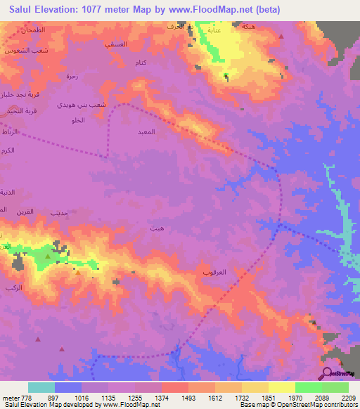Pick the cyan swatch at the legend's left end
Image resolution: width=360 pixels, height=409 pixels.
point(41,387)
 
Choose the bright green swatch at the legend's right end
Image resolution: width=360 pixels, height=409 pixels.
point(335,387)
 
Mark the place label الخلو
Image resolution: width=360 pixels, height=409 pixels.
point(78,122)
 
